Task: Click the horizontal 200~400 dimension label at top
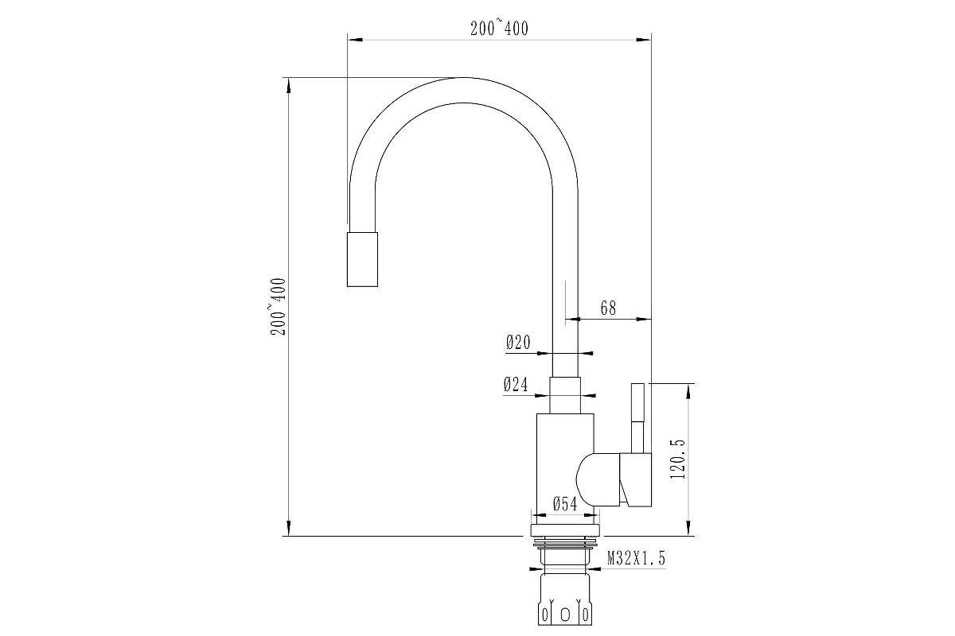pyautogui.click(x=499, y=29)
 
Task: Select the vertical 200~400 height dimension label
pyautogui.click(x=279, y=307)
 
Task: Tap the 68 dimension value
pyautogui.click(x=608, y=308)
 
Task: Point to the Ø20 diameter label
pyautogui.click(x=518, y=342)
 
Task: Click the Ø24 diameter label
pyautogui.click(x=516, y=384)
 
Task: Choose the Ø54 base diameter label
pyautogui.click(x=565, y=504)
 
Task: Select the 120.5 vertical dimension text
pyautogui.click(x=677, y=459)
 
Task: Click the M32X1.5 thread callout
pyautogui.click(x=636, y=557)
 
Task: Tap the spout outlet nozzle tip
pyautogui.click(x=362, y=259)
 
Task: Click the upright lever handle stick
pyautogui.click(x=637, y=418)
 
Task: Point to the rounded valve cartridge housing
pyautogui.click(x=598, y=479)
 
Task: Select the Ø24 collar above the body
pyautogui.click(x=565, y=395)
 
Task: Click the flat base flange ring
pyautogui.click(x=565, y=531)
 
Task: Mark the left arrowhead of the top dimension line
pyautogui.click(x=355, y=40)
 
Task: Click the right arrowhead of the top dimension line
pyautogui.click(x=644, y=40)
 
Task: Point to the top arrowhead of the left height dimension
pyautogui.click(x=289, y=86)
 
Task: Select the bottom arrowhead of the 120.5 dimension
pyautogui.click(x=688, y=528)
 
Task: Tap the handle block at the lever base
pyautogui.click(x=636, y=479)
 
